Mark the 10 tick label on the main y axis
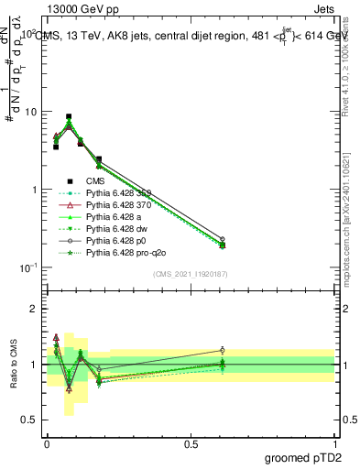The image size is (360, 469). (x=33, y=112)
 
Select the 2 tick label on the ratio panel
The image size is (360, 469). (x=34, y=310)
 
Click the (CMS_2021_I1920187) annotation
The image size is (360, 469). (x=191, y=274)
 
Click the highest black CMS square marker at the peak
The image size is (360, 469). (x=69, y=117)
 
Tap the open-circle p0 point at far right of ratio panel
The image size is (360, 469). (x=223, y=350)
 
